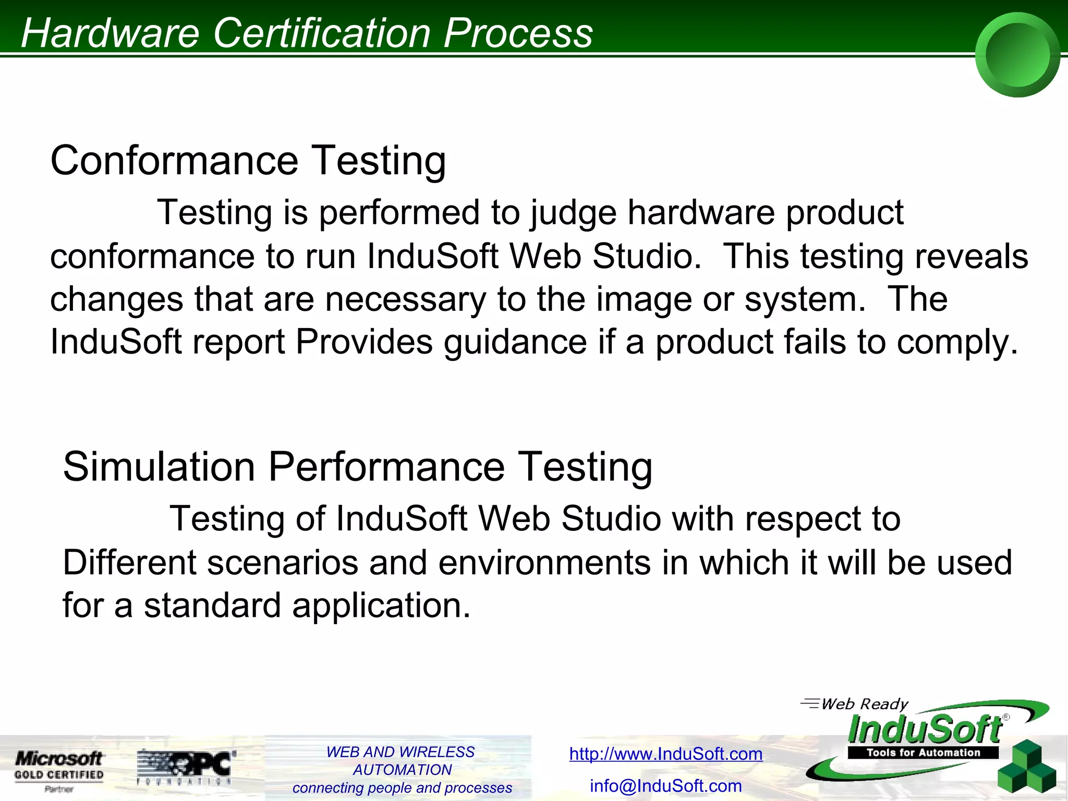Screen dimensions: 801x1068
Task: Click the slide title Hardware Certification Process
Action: (307, 32)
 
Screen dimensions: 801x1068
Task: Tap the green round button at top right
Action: (1017, 55)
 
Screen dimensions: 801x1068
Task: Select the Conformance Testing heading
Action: (248, 160)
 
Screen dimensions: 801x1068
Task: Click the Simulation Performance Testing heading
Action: (358, 466)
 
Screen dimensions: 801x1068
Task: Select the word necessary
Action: (405, 299)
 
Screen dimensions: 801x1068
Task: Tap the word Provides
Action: (364, 342)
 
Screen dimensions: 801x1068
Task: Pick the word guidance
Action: (516, 343)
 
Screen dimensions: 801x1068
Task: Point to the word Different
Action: (129, 563)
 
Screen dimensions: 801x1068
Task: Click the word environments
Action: (544, 563)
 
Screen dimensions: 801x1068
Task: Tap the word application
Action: (381, 606)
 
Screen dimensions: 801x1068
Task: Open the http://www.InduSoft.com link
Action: (666, 754)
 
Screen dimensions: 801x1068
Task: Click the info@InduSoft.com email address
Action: (666, 786)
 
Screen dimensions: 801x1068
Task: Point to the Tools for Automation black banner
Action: (923, 753)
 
